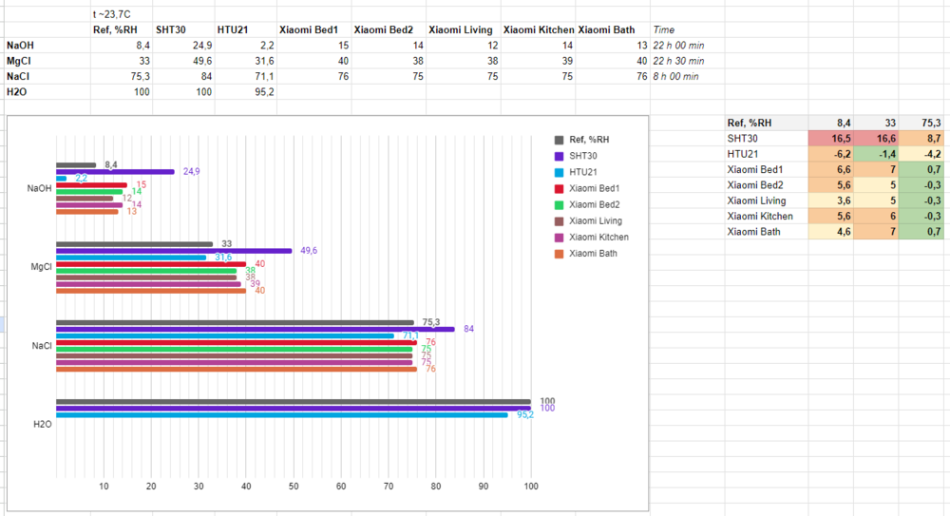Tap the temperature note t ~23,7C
112,14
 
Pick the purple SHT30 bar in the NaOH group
115,172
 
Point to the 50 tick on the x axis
294,487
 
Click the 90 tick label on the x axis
484,487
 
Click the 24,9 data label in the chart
190,172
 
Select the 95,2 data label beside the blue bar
523,415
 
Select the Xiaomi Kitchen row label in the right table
760,216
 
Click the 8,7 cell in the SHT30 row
929,138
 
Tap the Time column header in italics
664,29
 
